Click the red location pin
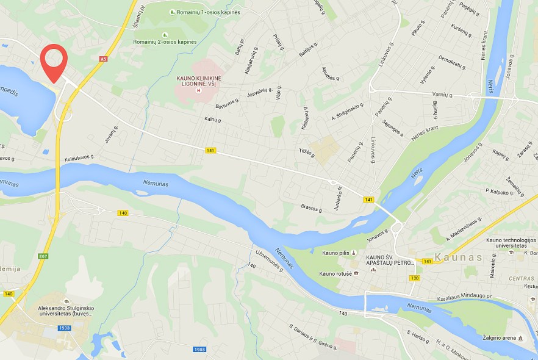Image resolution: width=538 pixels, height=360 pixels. [x=54, y=61]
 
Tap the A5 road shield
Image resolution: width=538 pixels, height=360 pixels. [x=103, y=59]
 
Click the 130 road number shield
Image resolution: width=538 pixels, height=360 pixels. [x=415, y=278]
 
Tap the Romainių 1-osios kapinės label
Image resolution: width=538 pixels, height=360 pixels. [x=204, y=12]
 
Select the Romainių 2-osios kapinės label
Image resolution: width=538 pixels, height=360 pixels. [x=165, y=41]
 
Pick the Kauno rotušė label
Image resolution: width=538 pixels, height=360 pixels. [x=335, y=273]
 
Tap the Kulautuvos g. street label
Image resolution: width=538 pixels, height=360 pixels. [x=79, y=157]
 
